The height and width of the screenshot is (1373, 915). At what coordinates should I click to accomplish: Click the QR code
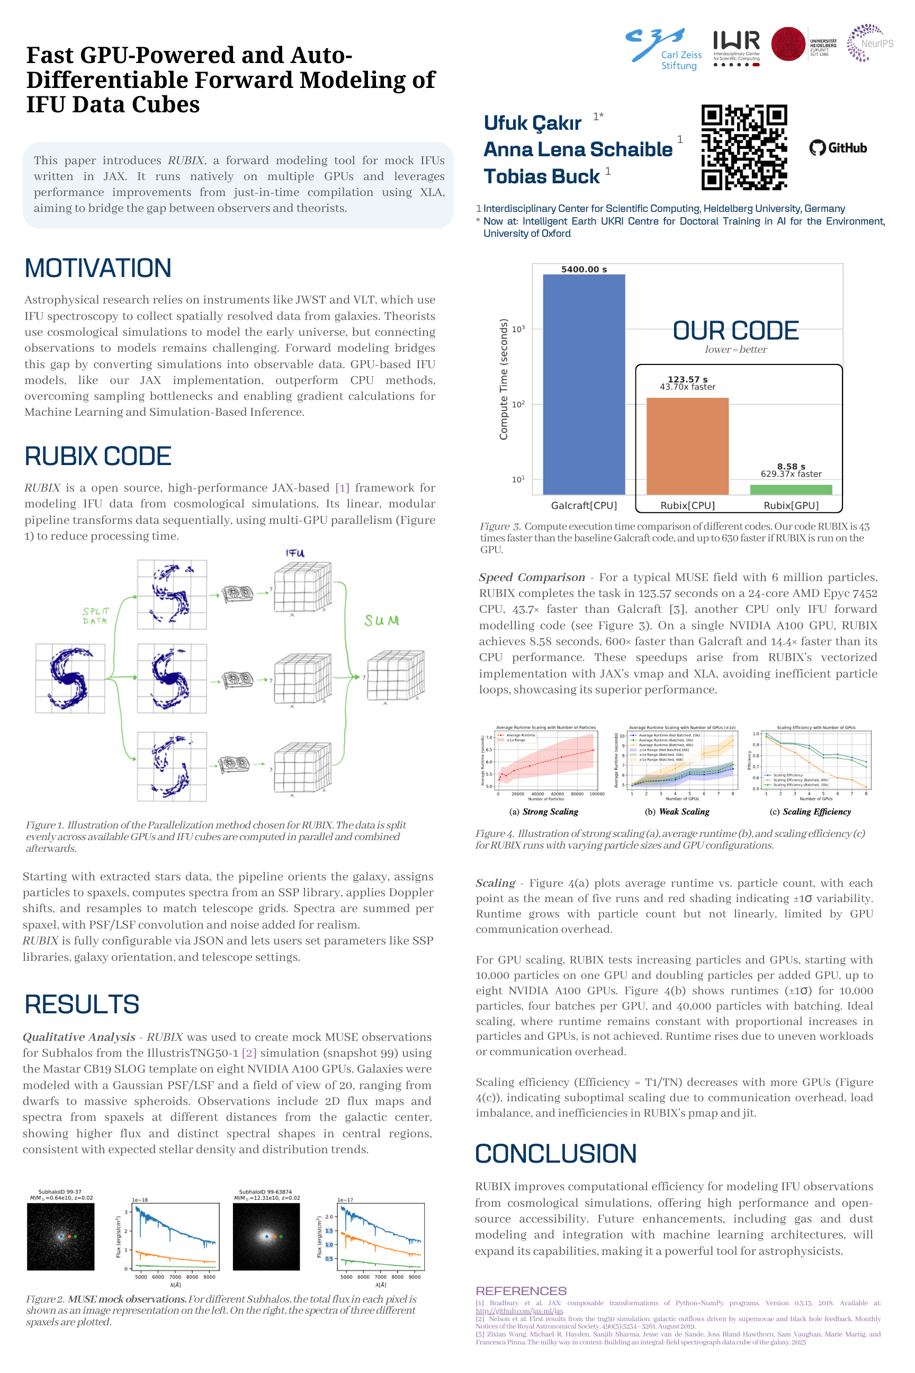[744, 148]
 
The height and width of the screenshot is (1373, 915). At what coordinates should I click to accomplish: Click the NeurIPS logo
[869, 42]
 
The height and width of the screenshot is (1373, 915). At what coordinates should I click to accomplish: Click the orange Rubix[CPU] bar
[687, 446]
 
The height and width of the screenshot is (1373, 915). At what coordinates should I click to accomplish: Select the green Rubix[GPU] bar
[791, 489]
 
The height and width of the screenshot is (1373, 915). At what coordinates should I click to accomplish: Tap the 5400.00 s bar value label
[584, 269]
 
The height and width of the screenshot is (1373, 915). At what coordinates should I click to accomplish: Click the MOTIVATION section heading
[98, 269]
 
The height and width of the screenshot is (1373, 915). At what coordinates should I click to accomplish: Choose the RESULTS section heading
[82, 1004]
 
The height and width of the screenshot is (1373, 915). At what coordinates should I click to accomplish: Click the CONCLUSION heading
[555, 1154]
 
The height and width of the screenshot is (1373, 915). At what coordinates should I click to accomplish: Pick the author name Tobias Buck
[541, 176]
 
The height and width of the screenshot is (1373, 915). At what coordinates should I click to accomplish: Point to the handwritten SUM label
[382, 620]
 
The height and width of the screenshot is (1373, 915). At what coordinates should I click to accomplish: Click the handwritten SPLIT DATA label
[95, 616]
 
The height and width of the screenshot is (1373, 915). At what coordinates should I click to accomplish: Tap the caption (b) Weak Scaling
[677, 812]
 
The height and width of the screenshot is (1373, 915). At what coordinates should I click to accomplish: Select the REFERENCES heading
[521, 1291]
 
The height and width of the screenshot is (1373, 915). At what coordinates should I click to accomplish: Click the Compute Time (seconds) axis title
[503, 379]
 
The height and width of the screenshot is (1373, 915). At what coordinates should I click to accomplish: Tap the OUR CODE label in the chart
[735, 331]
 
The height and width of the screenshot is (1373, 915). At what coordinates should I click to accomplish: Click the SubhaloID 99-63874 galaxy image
[266, 1236]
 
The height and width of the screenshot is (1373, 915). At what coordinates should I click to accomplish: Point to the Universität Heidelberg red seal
[788, 44]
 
